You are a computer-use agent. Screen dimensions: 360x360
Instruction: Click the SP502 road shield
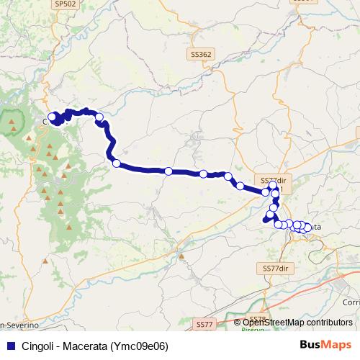[x=65, y=4]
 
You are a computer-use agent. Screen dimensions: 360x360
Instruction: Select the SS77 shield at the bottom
[x=204, y=325]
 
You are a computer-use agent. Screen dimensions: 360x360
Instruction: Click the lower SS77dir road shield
[x=276, y=268]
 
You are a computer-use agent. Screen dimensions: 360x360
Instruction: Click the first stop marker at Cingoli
[x=52, y=117]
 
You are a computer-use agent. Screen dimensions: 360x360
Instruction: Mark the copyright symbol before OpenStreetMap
[x=238, y=323]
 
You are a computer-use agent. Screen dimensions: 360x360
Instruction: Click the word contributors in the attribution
[x=329, y=323]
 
